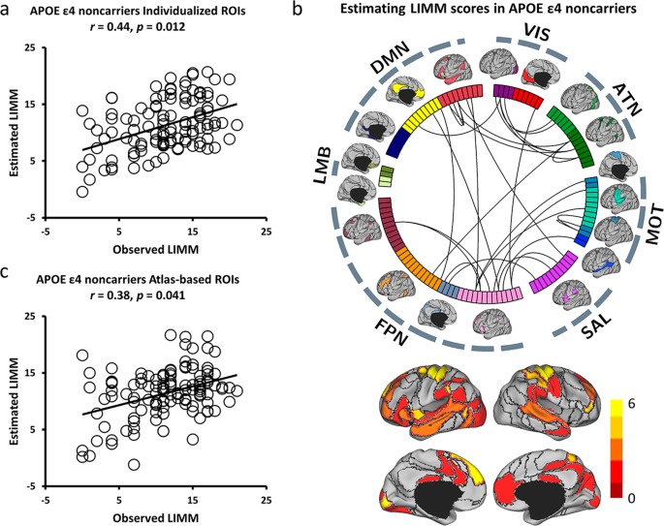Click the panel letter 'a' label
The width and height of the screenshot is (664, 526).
pyautogui.click(x=9, y=11)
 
